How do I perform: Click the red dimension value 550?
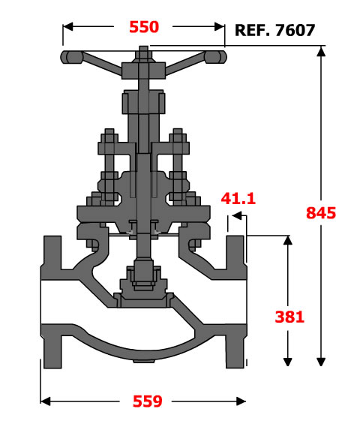pyautogui.click(x=144, y=27)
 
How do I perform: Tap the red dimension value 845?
pyautogui.click(x=321, y=213)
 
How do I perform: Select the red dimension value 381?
pyautogui.click(x=289, y=317)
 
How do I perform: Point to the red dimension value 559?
pyautogui.click(x=148, y=401)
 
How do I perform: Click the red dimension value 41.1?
pyautogui.click(x=238, y=199)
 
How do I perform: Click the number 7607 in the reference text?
pyautogui.click(x=295, y=30)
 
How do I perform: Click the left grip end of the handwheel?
pyautogui.click(x=71, y=57)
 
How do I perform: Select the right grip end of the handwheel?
pyautogui.click(x=216, y=57)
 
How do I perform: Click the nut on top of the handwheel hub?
pyautogui.click(x=143, y=55)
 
